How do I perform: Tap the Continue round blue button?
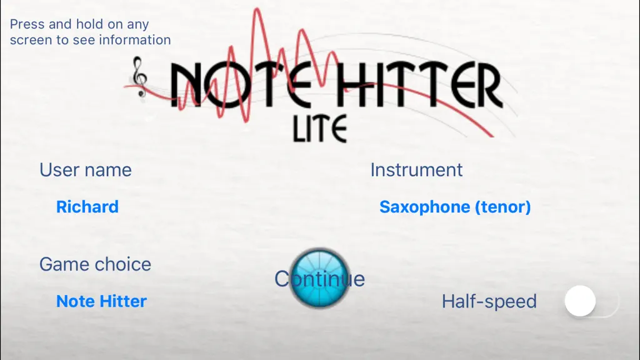pos(319,278)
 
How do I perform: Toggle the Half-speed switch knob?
pos(580,301)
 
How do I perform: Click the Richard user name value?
pos(87,207)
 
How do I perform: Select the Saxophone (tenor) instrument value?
pos(455,207)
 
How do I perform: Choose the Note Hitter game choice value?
pos(101,301)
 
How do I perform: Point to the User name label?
pos(85,170)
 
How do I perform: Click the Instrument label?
pos(416,170)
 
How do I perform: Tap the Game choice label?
pos(95,264)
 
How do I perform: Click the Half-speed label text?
pos(489,302)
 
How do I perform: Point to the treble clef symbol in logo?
pos(139,77)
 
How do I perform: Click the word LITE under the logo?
pos(320,129)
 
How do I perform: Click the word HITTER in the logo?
pos(421,85)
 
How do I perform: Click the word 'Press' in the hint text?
pos(27,24)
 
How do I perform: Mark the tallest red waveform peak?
pos(257,10)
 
